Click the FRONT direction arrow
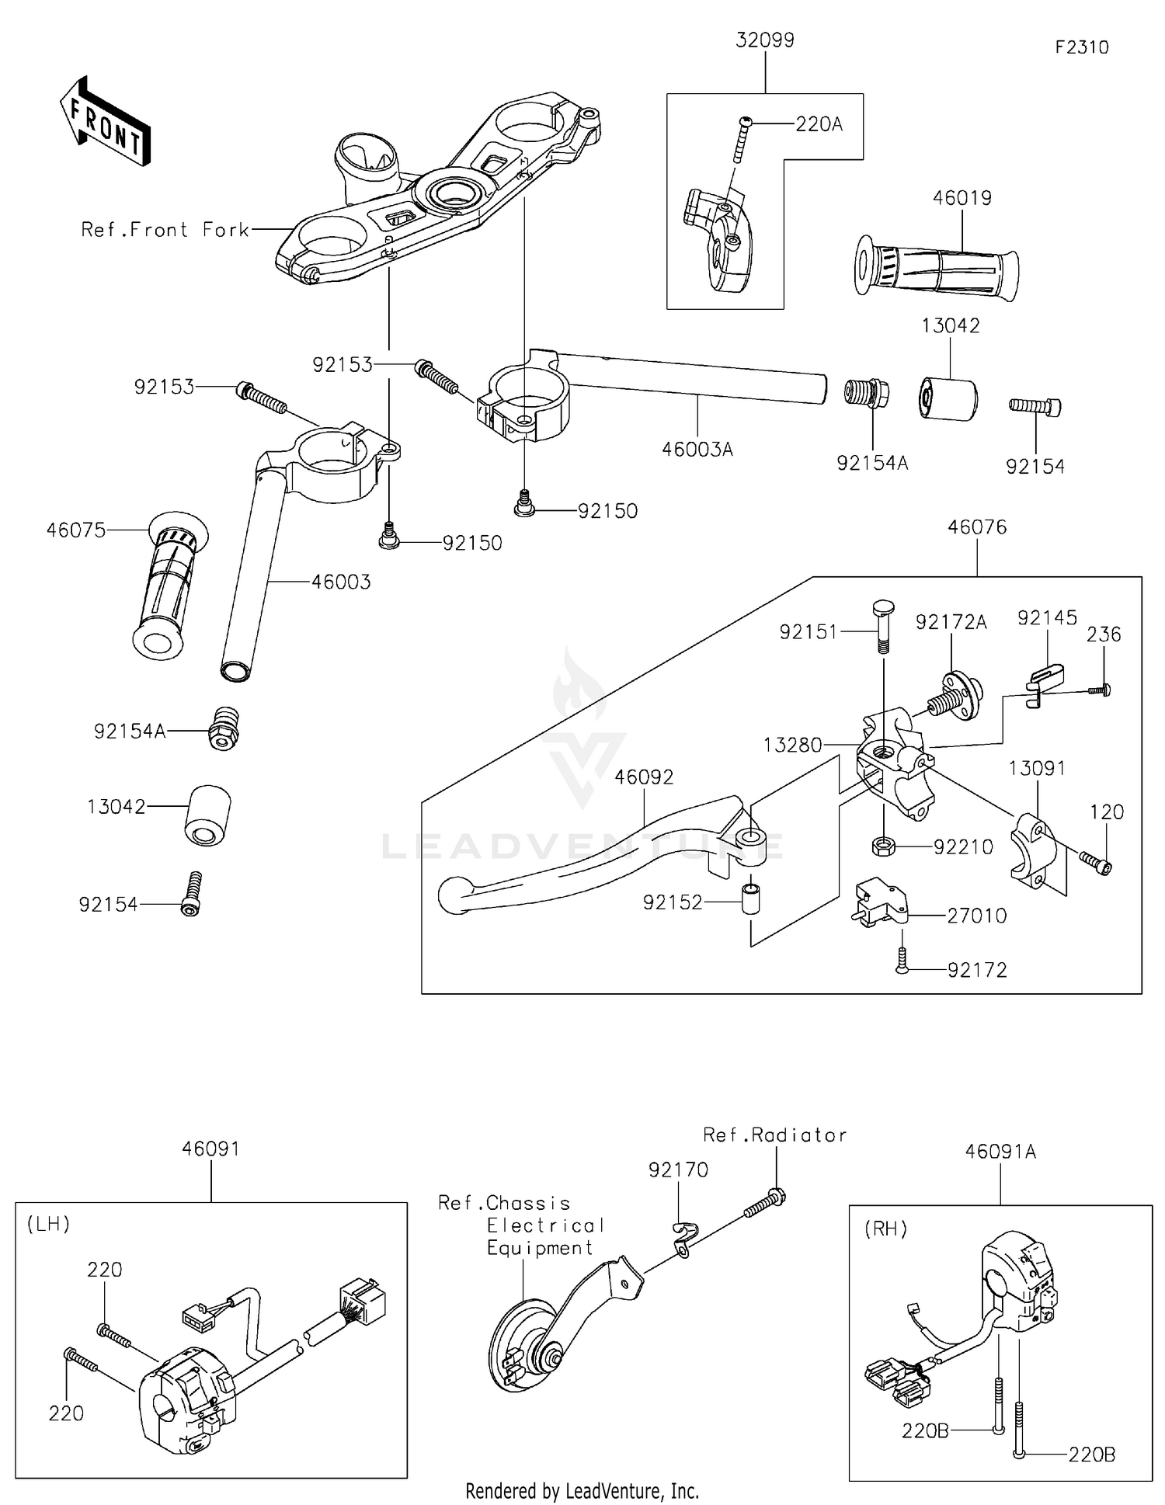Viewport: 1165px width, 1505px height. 105,121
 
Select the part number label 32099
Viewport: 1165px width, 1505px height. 765,40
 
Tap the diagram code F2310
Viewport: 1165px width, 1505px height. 1082,47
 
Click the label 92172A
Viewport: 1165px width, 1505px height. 951,622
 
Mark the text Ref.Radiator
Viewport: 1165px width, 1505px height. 774,1135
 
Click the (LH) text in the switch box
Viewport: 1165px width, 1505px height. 49,1225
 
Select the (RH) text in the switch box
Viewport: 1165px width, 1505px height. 886,1229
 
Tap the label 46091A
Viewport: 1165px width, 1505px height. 1000,1152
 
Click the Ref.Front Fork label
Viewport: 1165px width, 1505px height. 165,230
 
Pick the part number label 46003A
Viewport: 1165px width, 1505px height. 697,450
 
